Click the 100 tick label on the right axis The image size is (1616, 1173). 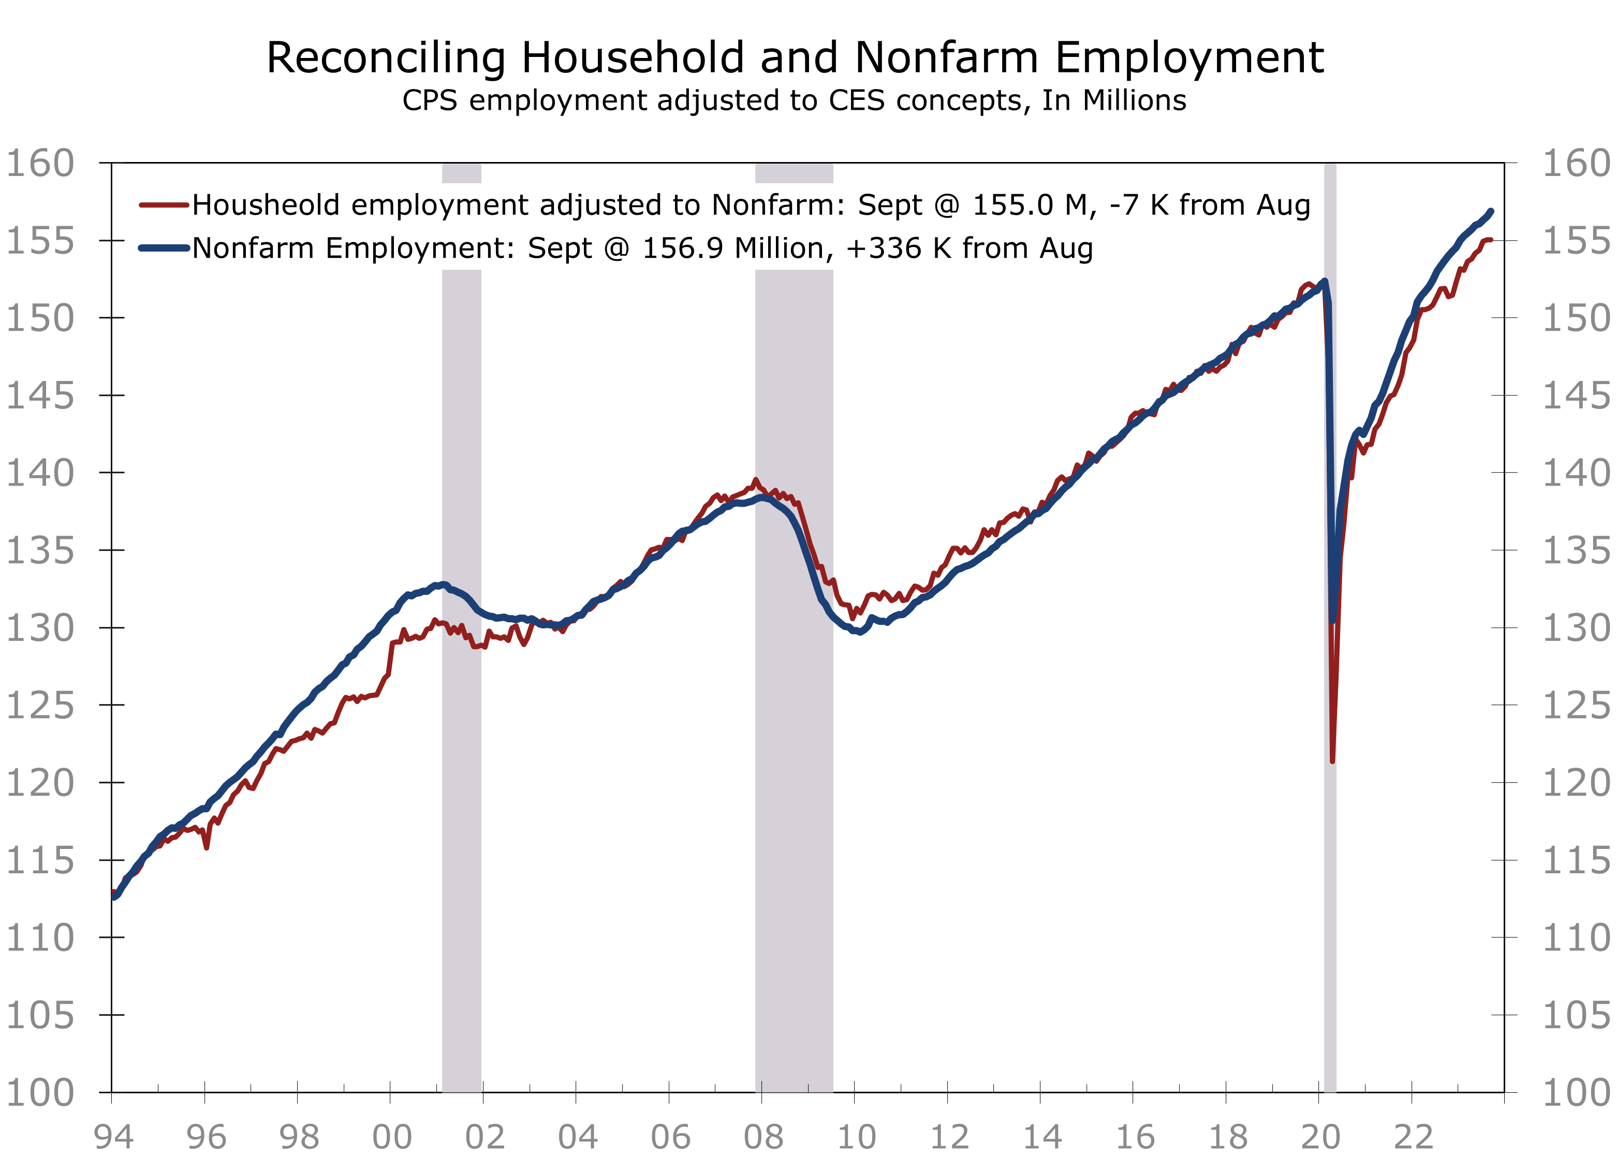(1576, 1092)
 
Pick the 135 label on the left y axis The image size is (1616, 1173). (40, 551)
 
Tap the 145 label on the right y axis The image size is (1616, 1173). (1576, 395)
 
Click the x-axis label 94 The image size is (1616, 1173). (113, 1137)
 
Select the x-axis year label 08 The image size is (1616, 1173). (763, 1137)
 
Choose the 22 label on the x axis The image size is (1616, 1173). (1413, 1137)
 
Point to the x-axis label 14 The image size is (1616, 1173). (1042, 1137)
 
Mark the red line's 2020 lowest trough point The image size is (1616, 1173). (1332, 761)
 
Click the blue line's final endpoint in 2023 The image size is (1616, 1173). (1491, 211)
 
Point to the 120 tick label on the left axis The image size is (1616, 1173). (40, 783)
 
